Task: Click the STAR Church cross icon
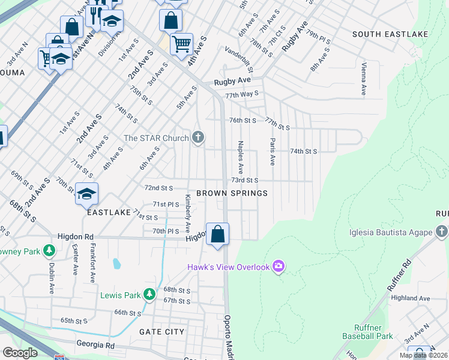pos(198,138)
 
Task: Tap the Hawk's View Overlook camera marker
pos(278,266)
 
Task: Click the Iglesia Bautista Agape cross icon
pos(442,232)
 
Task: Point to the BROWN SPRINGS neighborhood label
pos(232,193)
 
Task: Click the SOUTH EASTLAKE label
pos(390,34)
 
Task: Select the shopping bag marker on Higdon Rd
pos(217,233)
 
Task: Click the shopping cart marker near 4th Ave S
pos(181,43)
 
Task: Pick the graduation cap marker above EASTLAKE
pos(86,194)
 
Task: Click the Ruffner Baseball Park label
pos(367,332)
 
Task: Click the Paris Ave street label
pos(273,152)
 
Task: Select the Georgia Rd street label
pos(95,344)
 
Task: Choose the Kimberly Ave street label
pos(188,214)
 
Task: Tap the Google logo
pos(20,353)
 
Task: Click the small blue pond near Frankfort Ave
pos(116,263)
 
